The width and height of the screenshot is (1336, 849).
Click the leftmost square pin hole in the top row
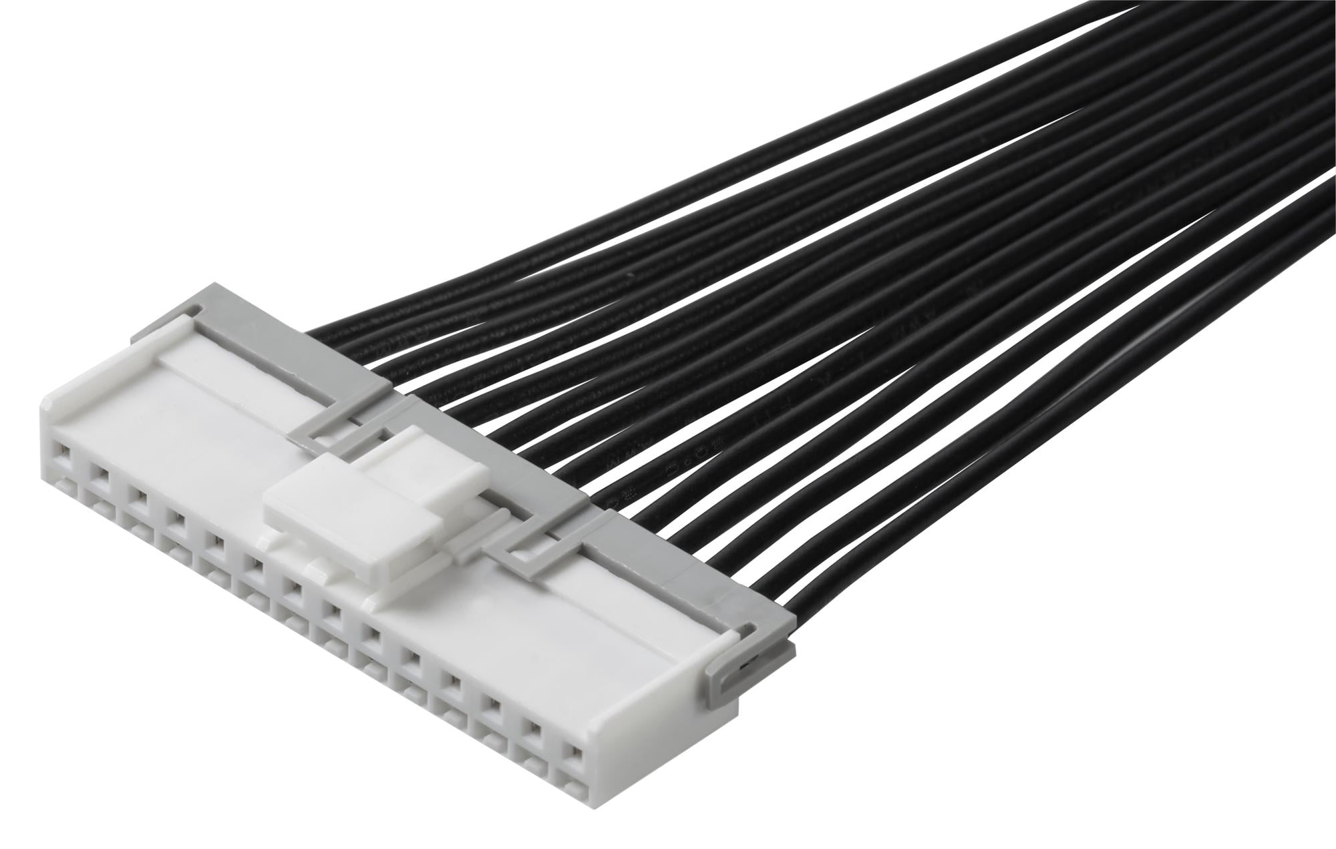tap(62, 455)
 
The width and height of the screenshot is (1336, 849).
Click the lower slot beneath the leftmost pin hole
tap(61, 482)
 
